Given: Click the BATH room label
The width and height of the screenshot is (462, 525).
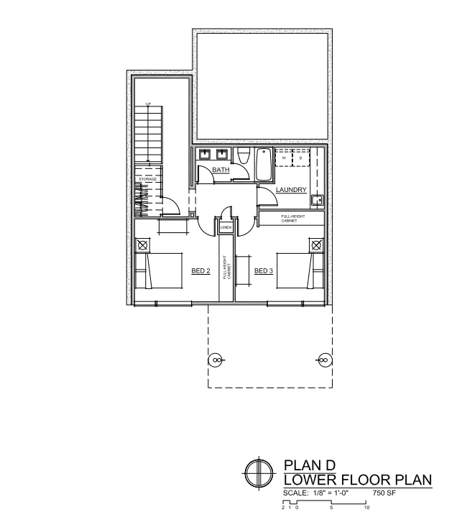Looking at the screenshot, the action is point(221,170).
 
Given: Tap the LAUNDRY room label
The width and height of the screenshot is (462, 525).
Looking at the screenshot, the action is point(291,190).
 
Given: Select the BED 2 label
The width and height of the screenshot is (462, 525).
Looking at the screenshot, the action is point(200,271).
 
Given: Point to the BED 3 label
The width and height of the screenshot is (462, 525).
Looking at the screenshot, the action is point(264,271).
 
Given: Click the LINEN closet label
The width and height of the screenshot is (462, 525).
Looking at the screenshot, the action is point(226,228).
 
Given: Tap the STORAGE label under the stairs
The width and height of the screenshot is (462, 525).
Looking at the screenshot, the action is point(147,180).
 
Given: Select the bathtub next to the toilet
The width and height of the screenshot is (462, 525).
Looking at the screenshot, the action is point(264,165).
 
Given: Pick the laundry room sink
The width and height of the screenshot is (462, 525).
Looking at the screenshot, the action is point(317,200).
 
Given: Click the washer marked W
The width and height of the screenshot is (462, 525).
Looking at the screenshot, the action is point(284,157).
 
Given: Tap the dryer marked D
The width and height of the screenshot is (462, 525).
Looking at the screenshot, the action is point(301,157).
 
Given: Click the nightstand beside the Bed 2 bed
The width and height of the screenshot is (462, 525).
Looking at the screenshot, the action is point(142,245).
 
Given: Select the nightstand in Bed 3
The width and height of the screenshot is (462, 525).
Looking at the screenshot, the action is point(316,245).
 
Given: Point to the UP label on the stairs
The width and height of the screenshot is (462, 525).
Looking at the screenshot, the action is point(148,104).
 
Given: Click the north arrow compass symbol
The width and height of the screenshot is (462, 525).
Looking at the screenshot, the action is point(259,473).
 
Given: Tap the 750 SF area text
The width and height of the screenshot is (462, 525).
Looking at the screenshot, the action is point(384,493).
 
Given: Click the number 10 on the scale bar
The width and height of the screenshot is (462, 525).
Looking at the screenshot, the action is point(366,508).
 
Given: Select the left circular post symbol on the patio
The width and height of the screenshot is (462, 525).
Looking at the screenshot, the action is point(215,360).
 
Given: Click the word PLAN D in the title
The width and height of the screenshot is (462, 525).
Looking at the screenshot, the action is point(310,465).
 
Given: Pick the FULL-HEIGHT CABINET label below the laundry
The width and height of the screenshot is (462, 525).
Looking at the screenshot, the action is point(293,219).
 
